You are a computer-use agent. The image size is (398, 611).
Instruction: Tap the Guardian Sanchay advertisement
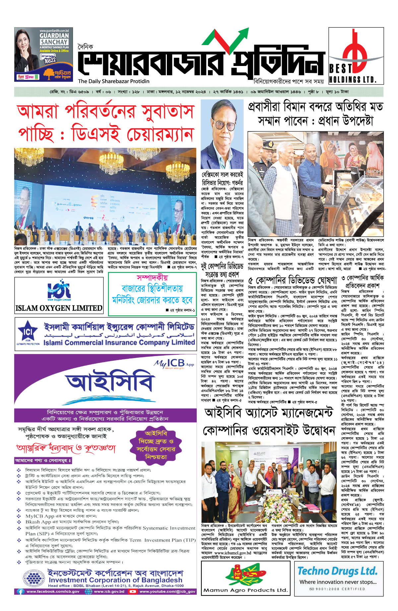click(x=43, y=54)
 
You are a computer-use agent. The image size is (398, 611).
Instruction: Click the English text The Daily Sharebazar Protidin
click(x=113, y=81)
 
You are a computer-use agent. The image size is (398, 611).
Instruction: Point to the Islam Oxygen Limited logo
click(x=59, y=292)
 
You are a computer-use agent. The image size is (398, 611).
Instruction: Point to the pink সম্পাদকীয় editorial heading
click(x=152, y=277)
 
